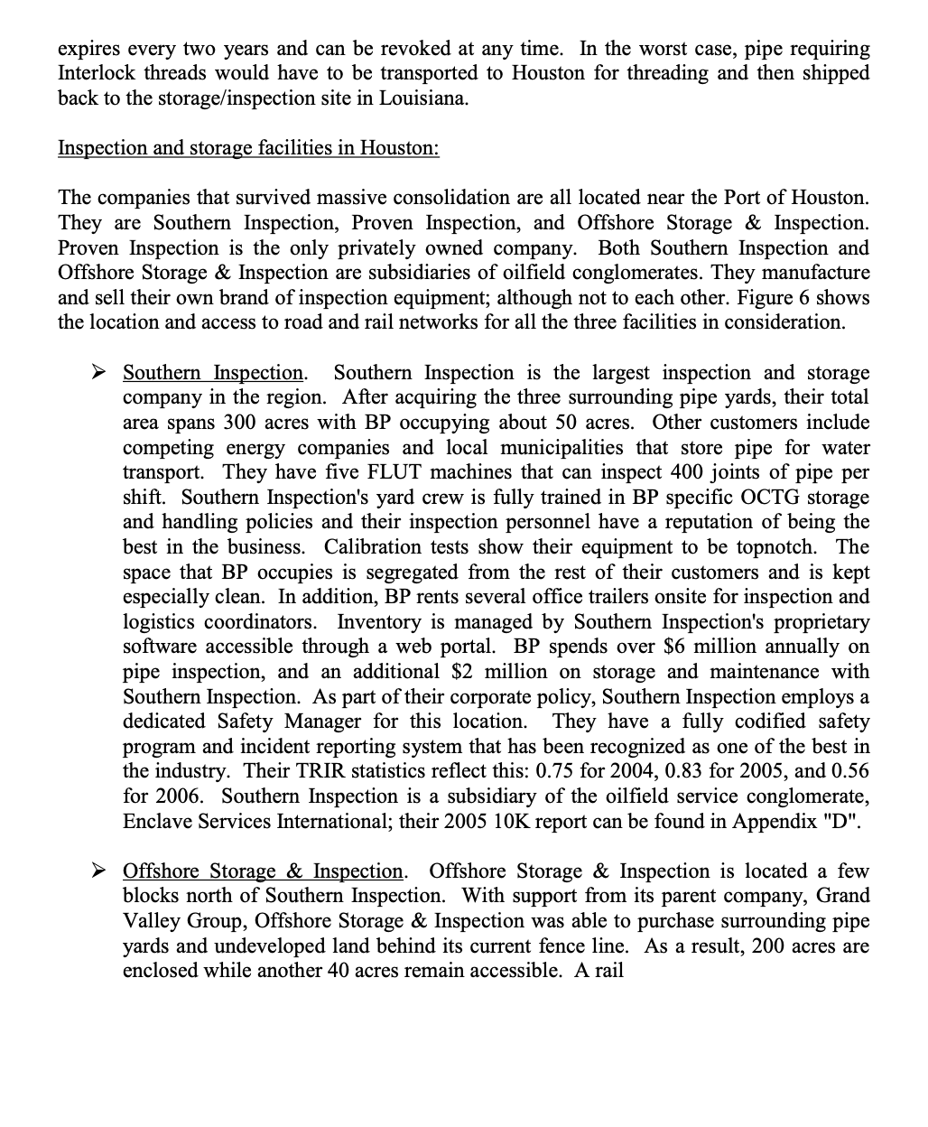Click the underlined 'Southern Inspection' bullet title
pos(213,372)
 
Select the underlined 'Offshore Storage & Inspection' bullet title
pos(263,871)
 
